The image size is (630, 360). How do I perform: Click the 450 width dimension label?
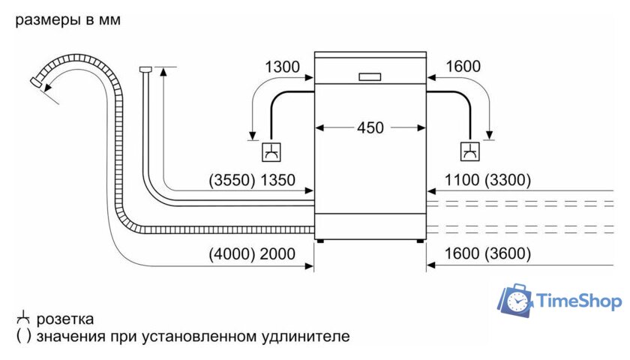(x=370, y=127)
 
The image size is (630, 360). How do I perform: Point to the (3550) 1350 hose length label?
(x=252, y=180)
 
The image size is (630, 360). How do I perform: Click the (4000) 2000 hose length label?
(x=252, y=254)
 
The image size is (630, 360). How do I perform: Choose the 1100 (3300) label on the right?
(x=488, y=180)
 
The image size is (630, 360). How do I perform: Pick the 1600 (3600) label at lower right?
(x=488, y=254)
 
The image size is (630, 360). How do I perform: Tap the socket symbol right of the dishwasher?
(x=470, y=151)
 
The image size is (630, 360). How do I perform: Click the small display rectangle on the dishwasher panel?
(x=370, y=76)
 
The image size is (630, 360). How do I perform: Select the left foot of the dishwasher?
(x=322, y=241)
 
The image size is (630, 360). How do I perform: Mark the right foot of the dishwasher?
(x=418, y=241)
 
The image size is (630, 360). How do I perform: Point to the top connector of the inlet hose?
(x=146, y=70)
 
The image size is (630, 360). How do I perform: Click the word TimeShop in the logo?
(x=579, y=301)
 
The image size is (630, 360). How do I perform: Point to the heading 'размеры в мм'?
(x=67, y=20)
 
